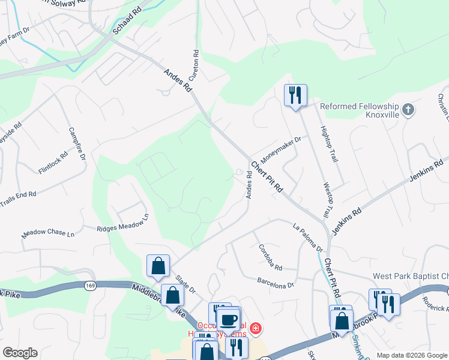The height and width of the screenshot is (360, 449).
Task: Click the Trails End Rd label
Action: [x=18, y=198]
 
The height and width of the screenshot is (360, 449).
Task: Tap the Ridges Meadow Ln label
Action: [x=122, y=224]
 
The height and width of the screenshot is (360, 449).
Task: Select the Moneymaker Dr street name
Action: [x=279, y=146]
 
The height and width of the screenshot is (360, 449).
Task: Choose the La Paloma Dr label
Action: [x=308, y=237]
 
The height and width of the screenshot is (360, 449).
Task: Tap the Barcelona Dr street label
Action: [x=276, y=282]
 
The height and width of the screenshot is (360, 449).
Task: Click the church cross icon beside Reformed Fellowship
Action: [x=409, y=110]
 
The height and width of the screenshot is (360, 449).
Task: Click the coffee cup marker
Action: [x=228, y=318]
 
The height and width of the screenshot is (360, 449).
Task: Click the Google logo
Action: [x=20, y=353]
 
